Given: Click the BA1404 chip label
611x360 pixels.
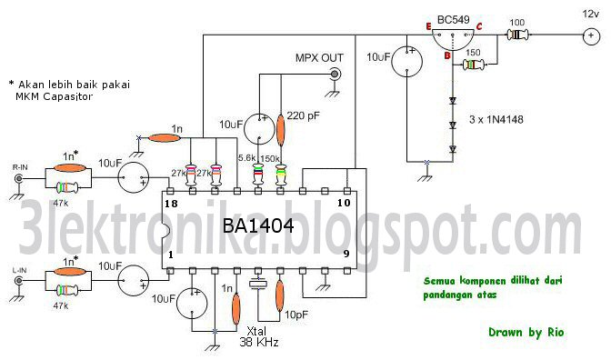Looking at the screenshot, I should pyautogui.click(x=259, y=227).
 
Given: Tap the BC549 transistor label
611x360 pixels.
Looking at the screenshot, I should pyautogui.click(x=452, y=18).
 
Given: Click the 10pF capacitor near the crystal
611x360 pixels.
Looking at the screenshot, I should pyautogui.click(x=279, y=295).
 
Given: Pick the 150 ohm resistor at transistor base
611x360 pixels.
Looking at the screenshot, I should pyautogui.click(x=473, y=65).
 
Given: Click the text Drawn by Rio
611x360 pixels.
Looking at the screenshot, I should pyautogui.click(x=525, y=332).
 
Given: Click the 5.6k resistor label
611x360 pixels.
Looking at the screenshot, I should pyautogui.click(x=247, y=157).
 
